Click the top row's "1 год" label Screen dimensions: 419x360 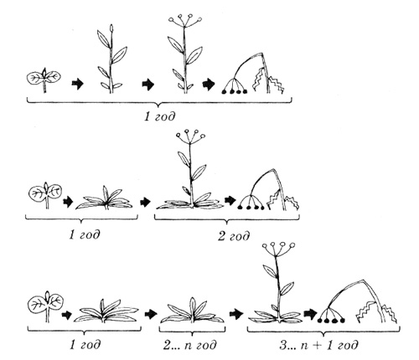[160, 116]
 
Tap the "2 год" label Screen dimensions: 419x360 [234, 236]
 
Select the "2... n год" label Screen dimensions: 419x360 [190, 345]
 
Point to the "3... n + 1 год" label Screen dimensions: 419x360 [318, 345]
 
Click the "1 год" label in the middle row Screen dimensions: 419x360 [85, 234]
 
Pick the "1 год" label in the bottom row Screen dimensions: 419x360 [85, 345]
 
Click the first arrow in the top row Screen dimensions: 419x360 [78, 83]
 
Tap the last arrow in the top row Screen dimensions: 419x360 [209, 84]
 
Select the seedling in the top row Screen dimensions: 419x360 [44, 80]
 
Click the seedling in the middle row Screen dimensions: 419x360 [45, 195]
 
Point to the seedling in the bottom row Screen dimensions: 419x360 [46, 306]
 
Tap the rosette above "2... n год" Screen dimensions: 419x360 [192, 311]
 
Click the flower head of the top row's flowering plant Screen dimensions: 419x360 [185, 21]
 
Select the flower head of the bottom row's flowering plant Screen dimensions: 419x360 [279, 249]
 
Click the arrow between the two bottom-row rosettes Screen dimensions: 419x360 [151, 314]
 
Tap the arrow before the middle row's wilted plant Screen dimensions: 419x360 [230, 200]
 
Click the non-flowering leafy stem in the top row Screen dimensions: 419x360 [111, 59]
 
